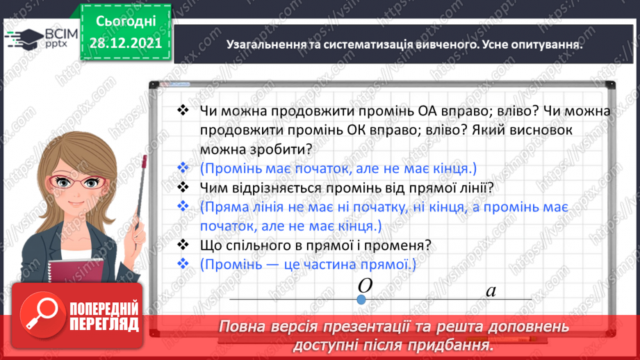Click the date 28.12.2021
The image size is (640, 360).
[126, 43]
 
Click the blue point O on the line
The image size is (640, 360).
[361, 300]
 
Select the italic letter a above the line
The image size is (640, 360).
[491, 291]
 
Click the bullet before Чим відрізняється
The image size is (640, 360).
[183, 187]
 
